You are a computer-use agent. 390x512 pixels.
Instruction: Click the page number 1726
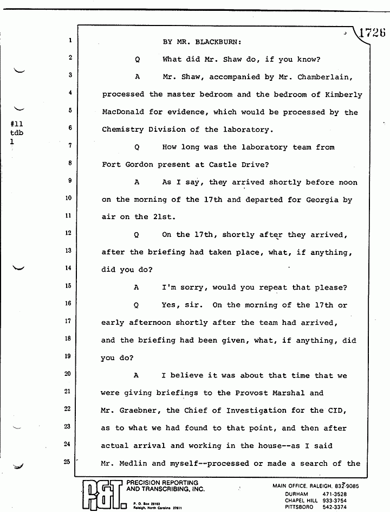click(372, 32)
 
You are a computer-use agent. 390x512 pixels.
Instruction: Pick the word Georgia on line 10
click(323, 200)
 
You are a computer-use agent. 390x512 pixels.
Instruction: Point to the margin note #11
click(17, 124)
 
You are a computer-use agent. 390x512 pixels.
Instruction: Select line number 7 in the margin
click(70, 146)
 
